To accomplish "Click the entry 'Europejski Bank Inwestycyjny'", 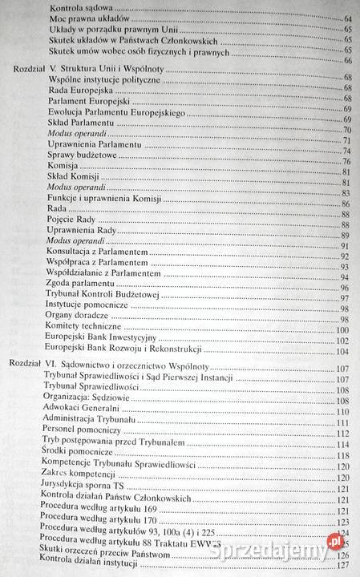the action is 102,341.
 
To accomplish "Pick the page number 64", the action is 346,18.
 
